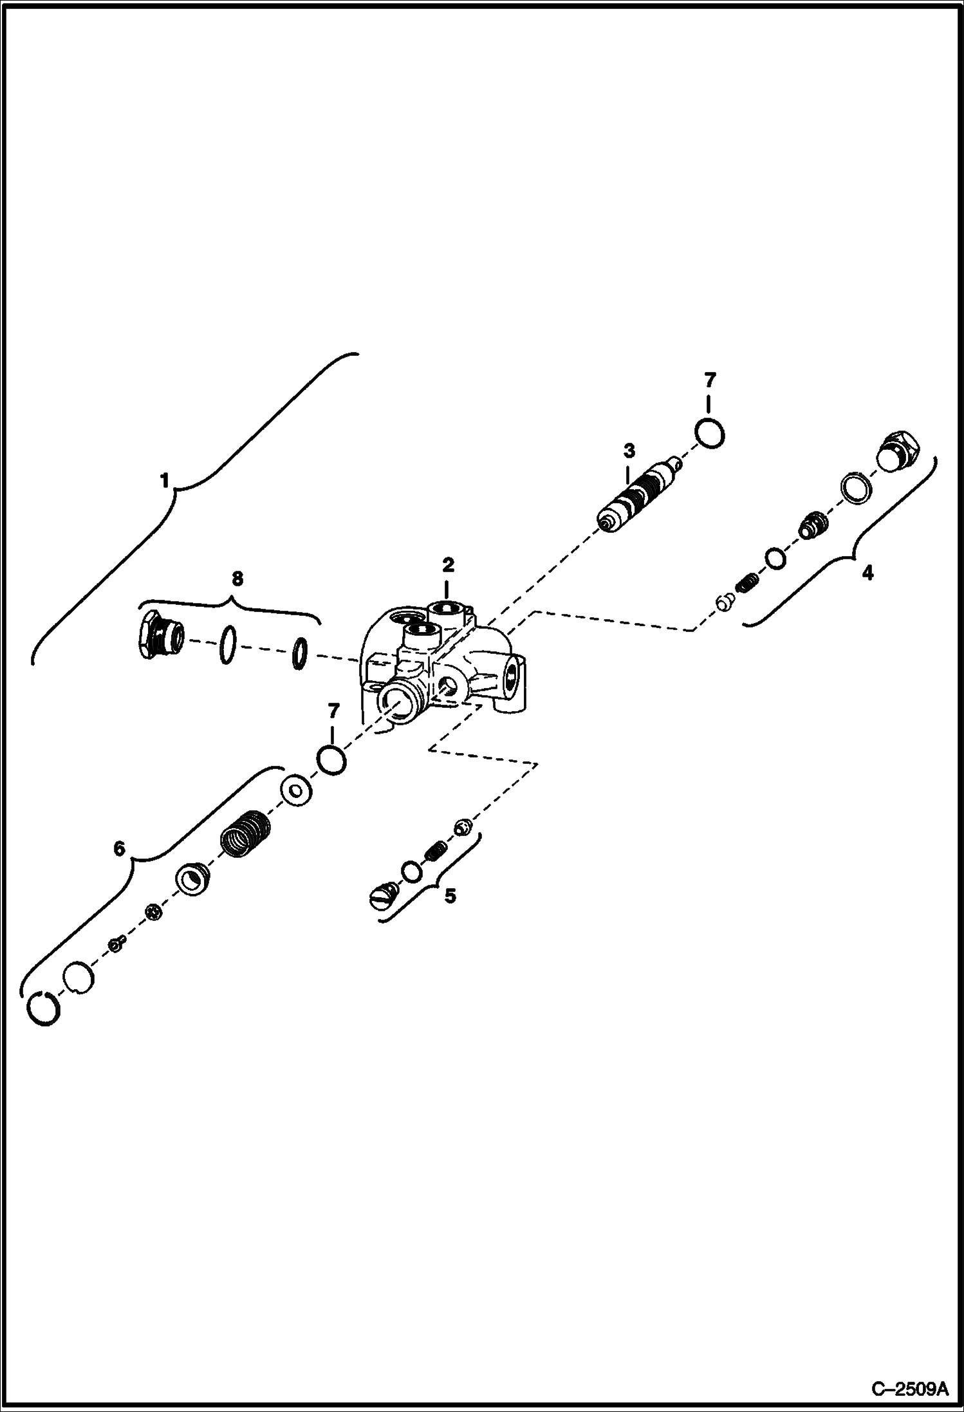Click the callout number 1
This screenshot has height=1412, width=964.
[x=165, y=480]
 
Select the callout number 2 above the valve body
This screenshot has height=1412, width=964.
[x=448, y=565]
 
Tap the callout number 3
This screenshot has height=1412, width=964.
[x=629, y=450]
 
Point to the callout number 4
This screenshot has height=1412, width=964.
[x=867, y=572]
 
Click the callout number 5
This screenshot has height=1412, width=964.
[x=450, y=895]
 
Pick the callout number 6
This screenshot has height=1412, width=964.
[x=120, y=849]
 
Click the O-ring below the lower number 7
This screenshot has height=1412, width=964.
[x=331, y=761]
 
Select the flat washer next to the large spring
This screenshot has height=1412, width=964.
[x=296, y=790]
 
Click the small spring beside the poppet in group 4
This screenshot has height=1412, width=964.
[x=747, y=584]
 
